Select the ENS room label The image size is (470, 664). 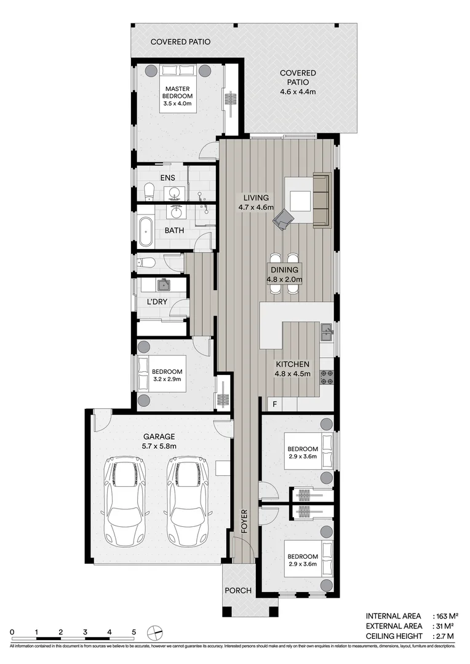168,178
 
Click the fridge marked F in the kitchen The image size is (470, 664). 275,404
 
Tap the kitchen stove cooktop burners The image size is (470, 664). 327,377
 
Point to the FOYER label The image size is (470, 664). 244,521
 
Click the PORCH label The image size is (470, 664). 238,591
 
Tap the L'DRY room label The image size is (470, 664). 157,302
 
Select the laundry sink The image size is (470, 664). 163,285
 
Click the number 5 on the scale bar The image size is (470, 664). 133,631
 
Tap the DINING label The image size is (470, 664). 284,270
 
